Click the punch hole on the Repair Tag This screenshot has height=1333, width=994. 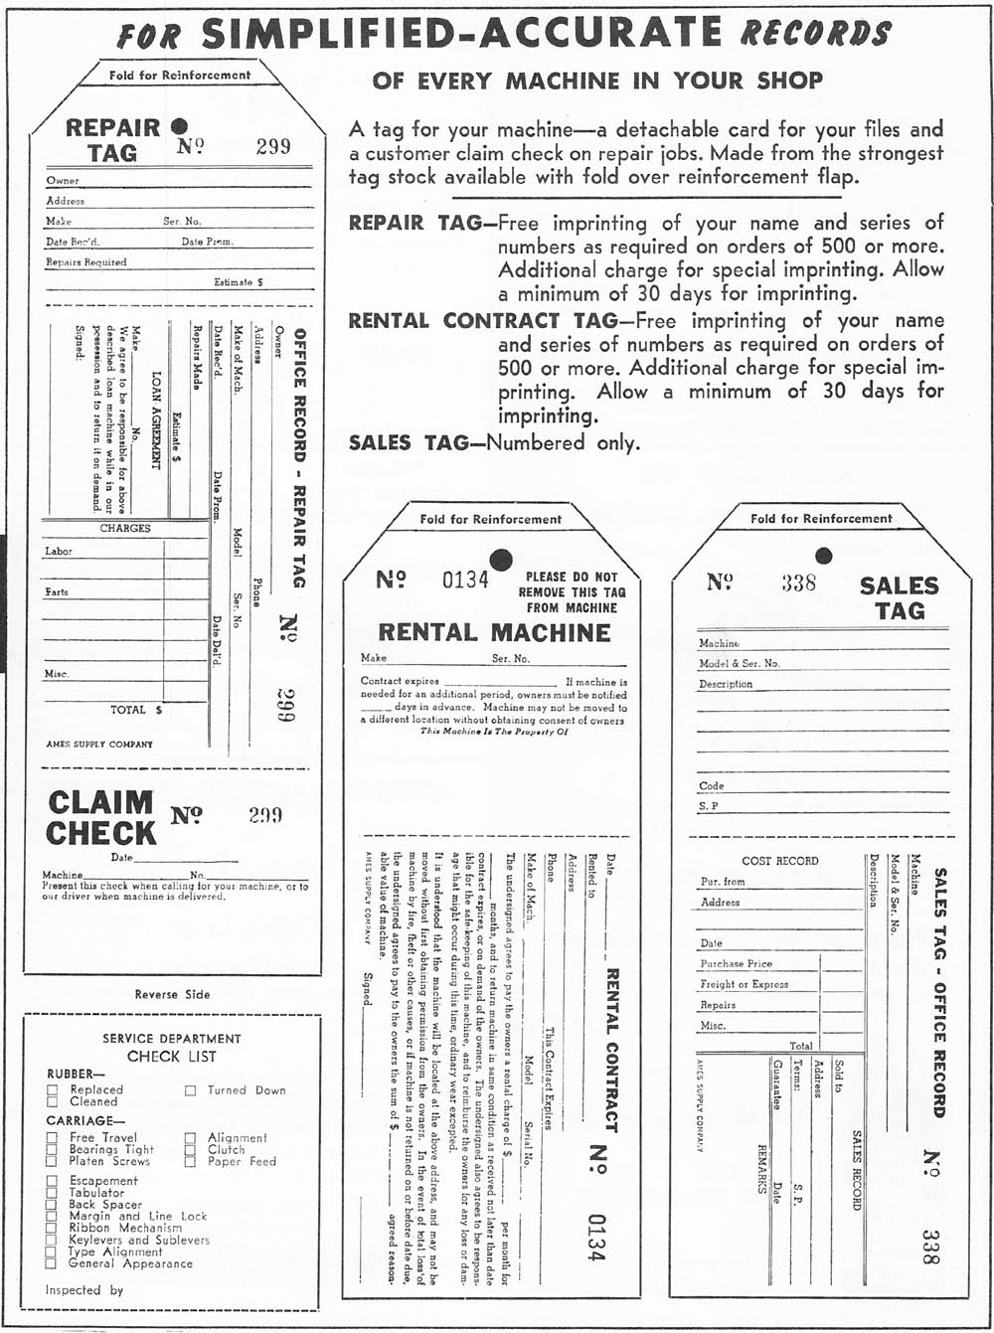click(x=179, y=126)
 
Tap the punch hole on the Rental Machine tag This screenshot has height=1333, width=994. click(x=501, y=560)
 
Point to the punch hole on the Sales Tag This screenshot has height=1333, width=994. click(x=823, y=556)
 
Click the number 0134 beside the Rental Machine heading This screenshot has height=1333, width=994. click(x=465, y=580)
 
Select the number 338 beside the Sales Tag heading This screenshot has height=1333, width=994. click(x=798, y=583)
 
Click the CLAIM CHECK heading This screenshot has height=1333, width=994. click(x=101, y=817)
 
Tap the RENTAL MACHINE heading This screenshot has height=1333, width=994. click(x=494, y=632)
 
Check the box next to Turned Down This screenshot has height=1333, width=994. click(x=190, y=1090)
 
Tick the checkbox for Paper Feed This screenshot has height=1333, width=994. click(x=190, y=1162)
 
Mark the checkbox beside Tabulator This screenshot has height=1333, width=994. click(x=52, y=1193)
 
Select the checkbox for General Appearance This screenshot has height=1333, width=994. click(x=52, y=1264)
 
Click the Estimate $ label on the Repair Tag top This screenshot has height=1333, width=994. click(x=239, y=282)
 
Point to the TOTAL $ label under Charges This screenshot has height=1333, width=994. click(x=136, y=710)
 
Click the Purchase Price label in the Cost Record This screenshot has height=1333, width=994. click(x=736, y=963)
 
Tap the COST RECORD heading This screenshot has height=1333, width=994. click(x=780, y=861)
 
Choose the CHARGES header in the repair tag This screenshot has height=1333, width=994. click(x=125, y=528)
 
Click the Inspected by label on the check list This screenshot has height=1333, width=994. click(x=84, y=1290)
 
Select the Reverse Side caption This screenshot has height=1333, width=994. click(x=173, y=994)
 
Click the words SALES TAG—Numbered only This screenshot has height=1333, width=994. click(x=494, y=442)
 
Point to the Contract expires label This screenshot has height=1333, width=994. click(x=400, y=682)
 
